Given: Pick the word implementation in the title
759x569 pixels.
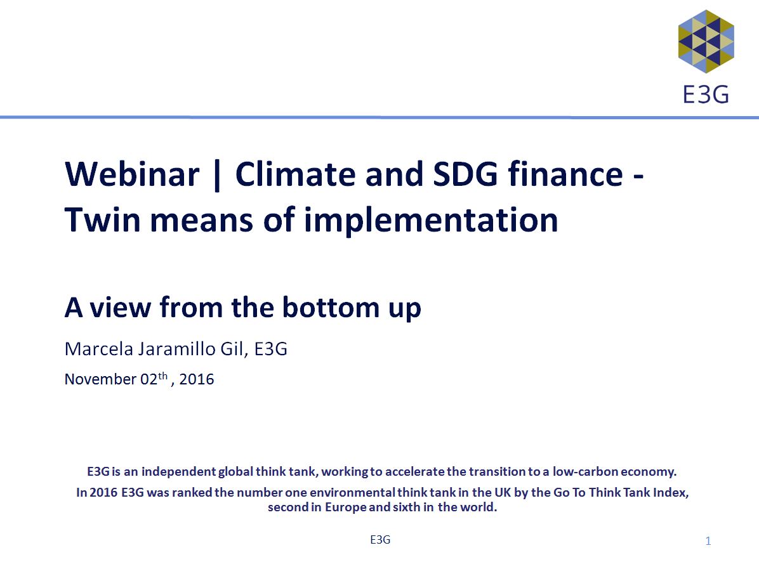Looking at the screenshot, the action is click(431, 221).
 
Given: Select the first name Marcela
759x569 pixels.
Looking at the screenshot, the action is click(99, 349).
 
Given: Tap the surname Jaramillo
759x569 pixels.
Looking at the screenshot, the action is click(177, 349).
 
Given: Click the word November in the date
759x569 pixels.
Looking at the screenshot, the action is click(100, 379).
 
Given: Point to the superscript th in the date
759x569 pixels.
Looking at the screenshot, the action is click(162, 375).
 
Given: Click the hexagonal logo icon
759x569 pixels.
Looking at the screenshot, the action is click(706, 42).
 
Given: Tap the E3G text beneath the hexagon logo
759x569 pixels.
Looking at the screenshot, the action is click(706, 95).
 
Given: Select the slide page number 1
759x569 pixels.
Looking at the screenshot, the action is click(708, 541).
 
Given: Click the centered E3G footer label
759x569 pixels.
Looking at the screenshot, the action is click(380, 539).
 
